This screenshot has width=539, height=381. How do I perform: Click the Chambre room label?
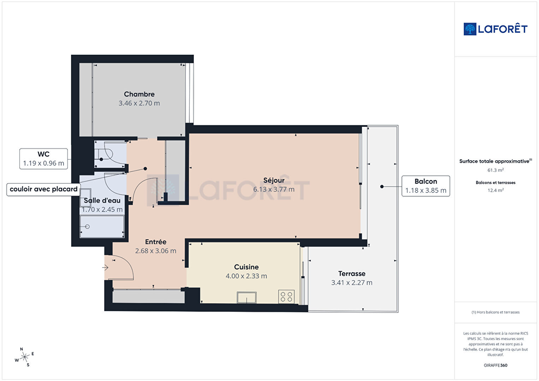(139, 94)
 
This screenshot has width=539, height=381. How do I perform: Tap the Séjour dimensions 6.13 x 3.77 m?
(274, 189)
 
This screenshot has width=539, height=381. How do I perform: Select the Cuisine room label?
(247, 267)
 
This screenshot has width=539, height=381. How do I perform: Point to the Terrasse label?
(352, 274)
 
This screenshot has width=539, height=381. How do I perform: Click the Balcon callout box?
(426, 186)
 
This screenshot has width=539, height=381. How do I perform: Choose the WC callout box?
(43, 159)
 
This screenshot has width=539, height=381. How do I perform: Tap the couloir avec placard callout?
(43, 189)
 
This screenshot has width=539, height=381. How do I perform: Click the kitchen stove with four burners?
(286, 297)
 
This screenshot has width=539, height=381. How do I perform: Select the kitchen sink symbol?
(247, 298)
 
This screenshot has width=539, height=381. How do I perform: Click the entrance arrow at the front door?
(105, 267)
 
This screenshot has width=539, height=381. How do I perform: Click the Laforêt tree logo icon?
(470, 29)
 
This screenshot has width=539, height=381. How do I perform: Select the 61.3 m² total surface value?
(496, 170)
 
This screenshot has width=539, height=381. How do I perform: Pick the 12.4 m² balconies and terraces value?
(496, 190)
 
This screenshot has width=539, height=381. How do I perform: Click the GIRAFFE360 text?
(496, 365)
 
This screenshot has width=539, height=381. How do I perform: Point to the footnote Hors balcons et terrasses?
(496, 312)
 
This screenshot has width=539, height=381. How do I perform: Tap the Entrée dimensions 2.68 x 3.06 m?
(156, 251)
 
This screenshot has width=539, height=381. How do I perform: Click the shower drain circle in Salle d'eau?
(87, 227)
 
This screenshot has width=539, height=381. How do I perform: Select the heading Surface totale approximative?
(496, 161)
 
